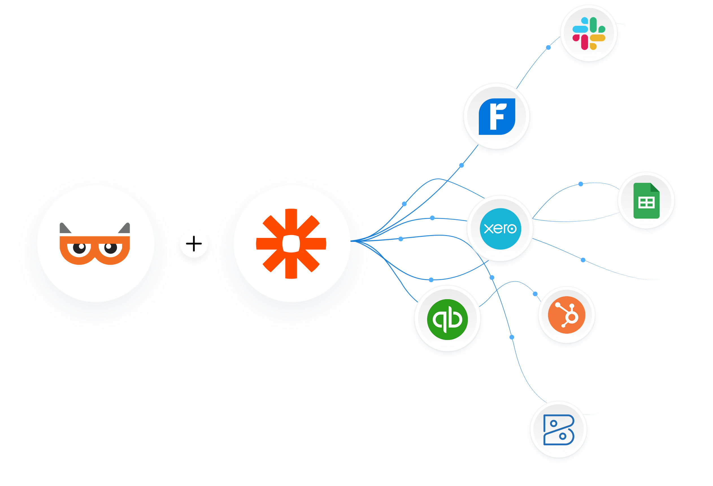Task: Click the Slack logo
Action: [588, 33]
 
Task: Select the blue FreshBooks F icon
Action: [497, 117]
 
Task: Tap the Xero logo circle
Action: [500, 229]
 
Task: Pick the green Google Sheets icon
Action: [646, 201]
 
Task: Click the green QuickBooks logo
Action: [447, 319]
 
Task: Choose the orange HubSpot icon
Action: [566, 315]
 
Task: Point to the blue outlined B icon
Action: [558, 429]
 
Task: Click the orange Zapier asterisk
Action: [291, 244]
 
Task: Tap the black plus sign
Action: [194, 244]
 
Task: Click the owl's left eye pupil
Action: [81, 247]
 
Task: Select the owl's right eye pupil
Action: [109, 247]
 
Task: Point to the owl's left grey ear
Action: [64, 228]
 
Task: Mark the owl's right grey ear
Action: [125, 228]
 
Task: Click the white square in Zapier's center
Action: [291, 244]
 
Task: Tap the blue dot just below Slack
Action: [548, 47]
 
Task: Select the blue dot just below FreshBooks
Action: [461, 165]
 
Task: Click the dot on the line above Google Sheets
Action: [581, 184]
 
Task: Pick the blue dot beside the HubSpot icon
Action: [535, 294]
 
